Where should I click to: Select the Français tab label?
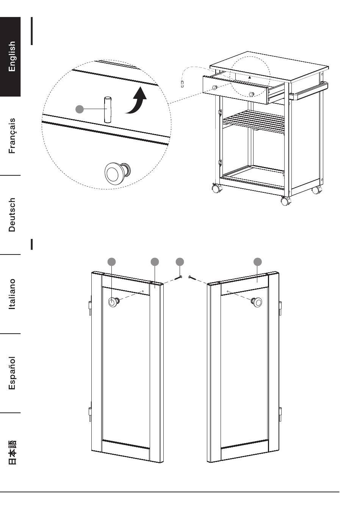pyautogui.click(x=12, y=136)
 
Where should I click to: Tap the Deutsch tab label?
pyautogui.click(x=12, y=214)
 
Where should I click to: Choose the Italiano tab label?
pyautogui.click(x=12, y=294)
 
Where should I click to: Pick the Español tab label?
pyautogui.click(x=12, y=373)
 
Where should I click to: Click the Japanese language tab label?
pyautogui.click(x=12, y=452)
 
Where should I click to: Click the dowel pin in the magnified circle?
pyautogui.click(x=108, y=110)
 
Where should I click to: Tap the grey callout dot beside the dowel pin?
pyautogui.click(x=80, y=109)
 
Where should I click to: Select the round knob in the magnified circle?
pyautogui.click(x=114, y=173)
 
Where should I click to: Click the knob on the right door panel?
pyautogui.click(x=257, y=302)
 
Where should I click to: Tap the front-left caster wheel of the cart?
pyautogui.click(x=216, y=188)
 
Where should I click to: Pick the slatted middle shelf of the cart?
pyautogui.click(x=254, y=121)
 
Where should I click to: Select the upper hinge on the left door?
pyautogui.click(x=89, y=308)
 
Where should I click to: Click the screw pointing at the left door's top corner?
pyautogui.click(x=179, y=278)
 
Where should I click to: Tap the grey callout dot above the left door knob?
pyautogui.click(x=112, y=261)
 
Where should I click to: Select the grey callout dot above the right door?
pyautogui.click(x=258, y=261)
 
